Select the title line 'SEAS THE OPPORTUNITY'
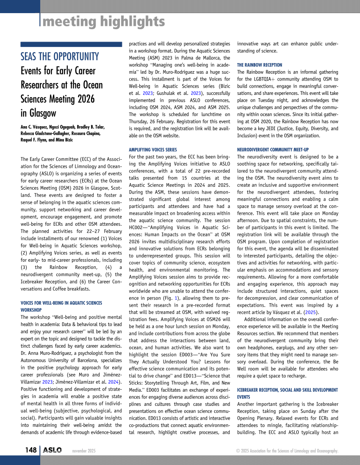coord(60,57)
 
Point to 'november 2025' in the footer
coord(84,451)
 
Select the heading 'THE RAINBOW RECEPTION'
coord(260,65)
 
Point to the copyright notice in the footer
coord(287,451)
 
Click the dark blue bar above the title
coord(71,44)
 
